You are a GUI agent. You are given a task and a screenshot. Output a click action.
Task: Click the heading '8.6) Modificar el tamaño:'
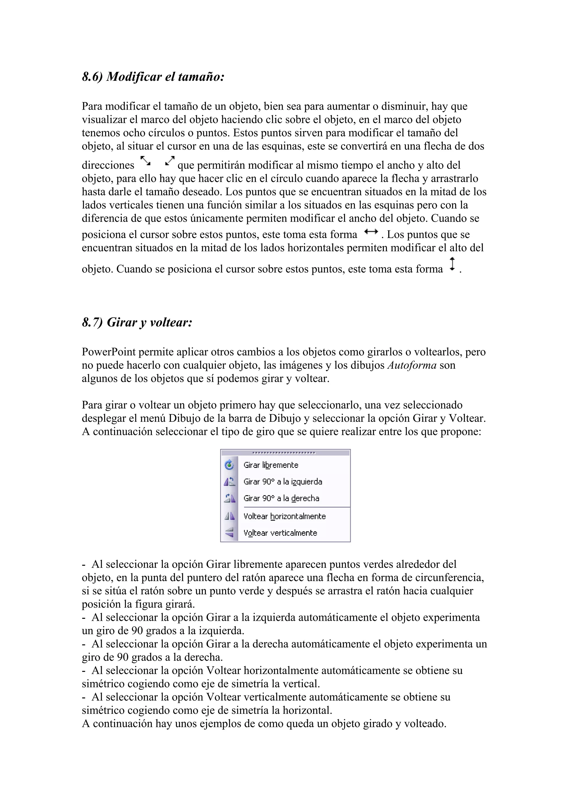click(153, 77)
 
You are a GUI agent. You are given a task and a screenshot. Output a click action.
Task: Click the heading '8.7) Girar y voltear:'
click(137, 322)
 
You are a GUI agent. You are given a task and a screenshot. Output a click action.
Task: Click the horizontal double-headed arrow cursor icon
click(371, 232)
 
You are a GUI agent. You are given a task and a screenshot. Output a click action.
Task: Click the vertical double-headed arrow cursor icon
click(452, 264)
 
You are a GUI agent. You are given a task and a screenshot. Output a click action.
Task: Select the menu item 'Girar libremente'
click(271, 465)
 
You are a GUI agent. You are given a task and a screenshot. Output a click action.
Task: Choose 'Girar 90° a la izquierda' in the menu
click(283, 482)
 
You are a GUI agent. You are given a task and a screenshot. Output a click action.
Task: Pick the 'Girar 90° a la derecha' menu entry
click(281, 498)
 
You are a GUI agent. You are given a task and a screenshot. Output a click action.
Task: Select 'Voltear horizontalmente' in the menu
click(284, 516)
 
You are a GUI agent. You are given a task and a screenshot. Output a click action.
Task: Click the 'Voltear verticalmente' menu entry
click(280, 533)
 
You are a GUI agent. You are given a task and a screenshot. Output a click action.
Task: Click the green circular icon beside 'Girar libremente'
click(229, 465)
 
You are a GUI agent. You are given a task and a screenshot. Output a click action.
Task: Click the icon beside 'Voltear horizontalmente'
click(229, 516)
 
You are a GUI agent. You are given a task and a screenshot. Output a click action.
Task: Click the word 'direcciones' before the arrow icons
click(108, 165)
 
